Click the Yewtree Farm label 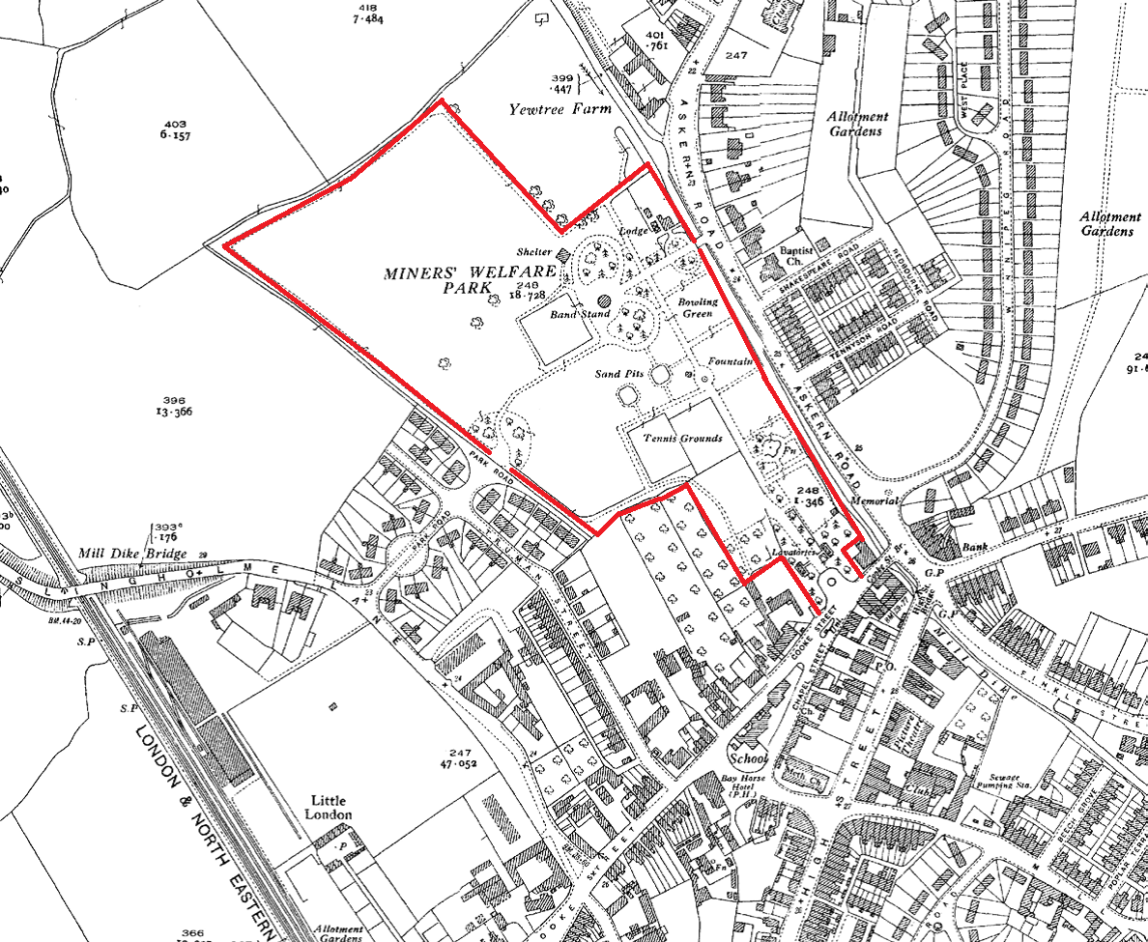[x=560, y=110]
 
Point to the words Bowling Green [x=698, y=307]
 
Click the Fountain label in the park [x=730, y=362]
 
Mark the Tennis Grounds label [x=683, y=439]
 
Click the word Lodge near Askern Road [x=634, y=232]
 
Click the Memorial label [x=875, y=501]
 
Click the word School [x=750, y=758]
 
